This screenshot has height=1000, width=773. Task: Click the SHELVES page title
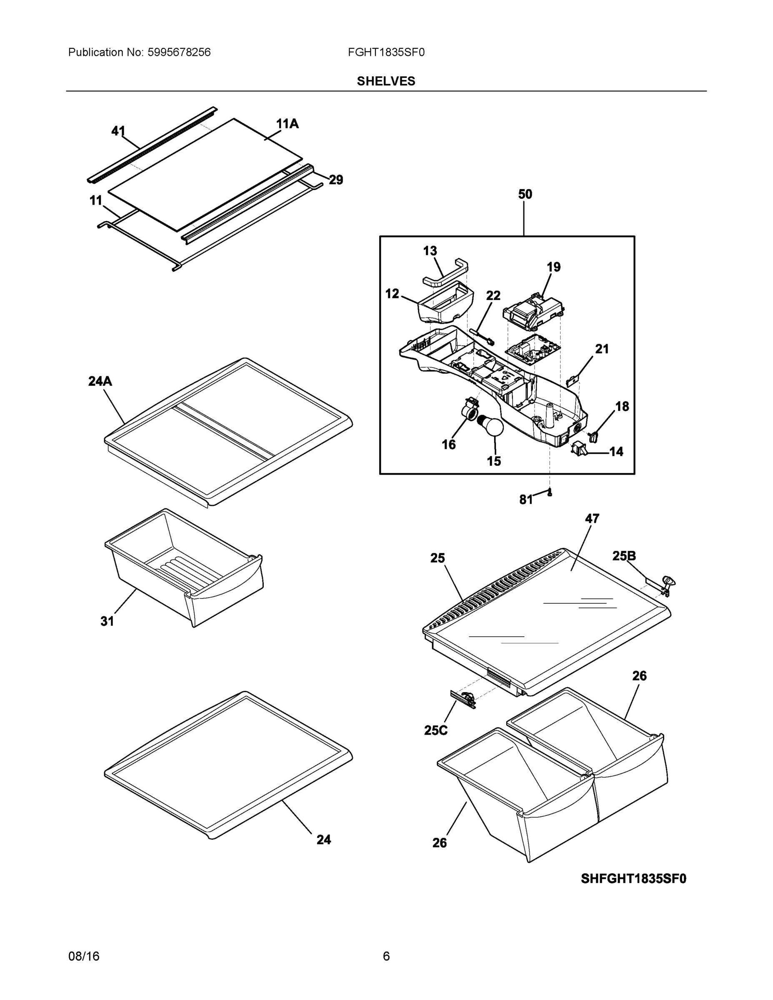(385, 81)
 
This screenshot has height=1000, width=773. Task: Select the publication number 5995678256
(179, 52)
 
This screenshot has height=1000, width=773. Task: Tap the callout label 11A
(287, 124)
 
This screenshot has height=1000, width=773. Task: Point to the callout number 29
(336, 180)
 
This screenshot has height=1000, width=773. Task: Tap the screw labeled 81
(550, 492)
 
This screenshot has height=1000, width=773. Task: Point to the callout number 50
(525, 194)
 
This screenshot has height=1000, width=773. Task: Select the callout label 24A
(100, 381)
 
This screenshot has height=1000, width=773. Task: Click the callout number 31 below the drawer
(107, 621)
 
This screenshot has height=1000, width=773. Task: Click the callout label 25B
(624, 556)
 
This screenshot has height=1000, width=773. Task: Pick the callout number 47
(592, 519)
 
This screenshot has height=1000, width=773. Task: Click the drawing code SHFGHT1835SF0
(633, 879)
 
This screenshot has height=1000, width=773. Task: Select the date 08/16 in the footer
(84, 957)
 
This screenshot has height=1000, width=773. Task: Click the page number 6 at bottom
(386, 957)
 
